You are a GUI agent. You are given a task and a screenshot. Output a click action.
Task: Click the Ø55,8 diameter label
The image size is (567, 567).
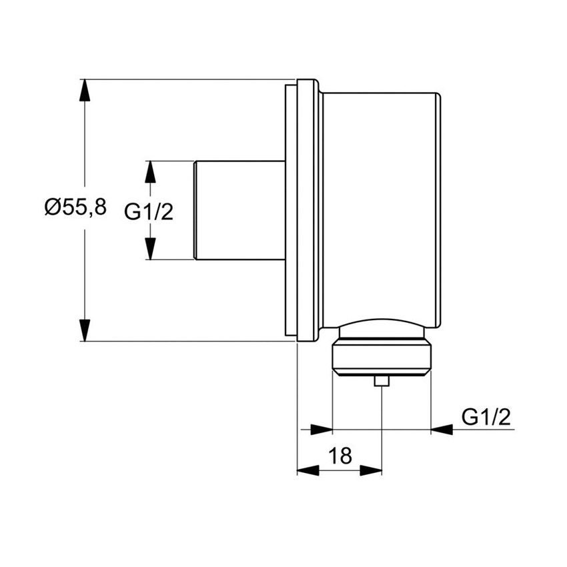tap(75, 207)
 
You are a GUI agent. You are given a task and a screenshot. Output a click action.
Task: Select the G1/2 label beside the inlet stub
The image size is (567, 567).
tap(149, 212)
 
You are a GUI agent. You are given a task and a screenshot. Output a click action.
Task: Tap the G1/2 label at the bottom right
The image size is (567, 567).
tap(486, 417)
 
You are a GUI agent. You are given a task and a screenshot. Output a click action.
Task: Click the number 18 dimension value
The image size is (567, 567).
tap(340, 456)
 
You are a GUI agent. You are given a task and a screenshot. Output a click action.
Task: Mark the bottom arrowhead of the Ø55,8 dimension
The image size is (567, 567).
tap(85, 330)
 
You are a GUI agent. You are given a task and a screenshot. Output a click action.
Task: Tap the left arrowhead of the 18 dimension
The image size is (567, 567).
tap(308, 470)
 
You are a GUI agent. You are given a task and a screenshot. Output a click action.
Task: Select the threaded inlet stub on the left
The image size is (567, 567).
tap(237, 209)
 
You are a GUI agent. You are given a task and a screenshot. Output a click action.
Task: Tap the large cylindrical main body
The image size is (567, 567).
tap(380, 207)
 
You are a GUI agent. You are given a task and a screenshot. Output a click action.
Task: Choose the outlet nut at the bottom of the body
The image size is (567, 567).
tap(381, 354)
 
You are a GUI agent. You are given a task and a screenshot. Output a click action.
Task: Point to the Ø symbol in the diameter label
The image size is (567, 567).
tap(53, 207)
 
